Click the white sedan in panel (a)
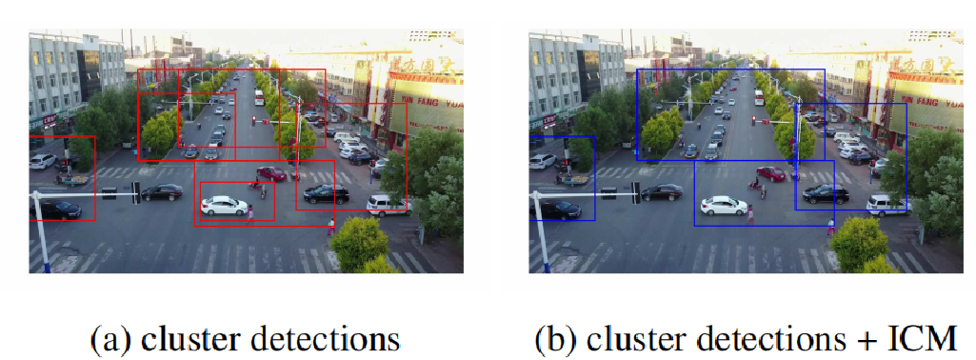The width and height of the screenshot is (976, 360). [x=225, y=204]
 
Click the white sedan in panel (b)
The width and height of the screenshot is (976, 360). [x=725, y=204]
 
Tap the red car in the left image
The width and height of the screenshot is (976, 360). [x=271, y=173]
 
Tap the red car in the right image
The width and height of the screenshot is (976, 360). [x=771, y=173]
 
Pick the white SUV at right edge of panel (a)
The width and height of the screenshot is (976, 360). [x=388, y=204]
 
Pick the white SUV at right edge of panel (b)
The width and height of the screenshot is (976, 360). [x=887, y=204]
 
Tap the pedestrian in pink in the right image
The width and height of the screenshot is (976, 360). [x=750, y=215]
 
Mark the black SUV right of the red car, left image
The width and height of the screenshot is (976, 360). [x=326, y=194]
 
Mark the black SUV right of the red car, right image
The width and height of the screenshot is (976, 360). [x=826, y=194]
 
